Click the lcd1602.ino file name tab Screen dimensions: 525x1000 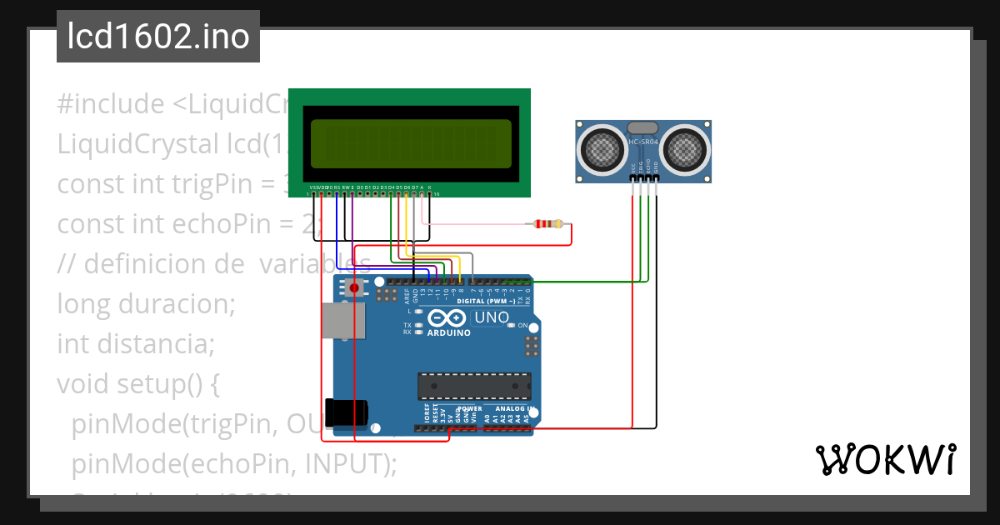(158, 37)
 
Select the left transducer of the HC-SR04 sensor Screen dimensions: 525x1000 (602, 149)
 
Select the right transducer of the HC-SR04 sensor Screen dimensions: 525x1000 (687, 149)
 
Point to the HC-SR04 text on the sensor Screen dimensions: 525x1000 (643, 142)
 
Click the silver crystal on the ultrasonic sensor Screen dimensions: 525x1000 (643, 127)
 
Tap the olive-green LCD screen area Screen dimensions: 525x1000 (411, 143)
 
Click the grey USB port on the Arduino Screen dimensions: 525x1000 (344, 321)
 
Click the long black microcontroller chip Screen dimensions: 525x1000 (474, 386)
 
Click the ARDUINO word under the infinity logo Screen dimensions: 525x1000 (448, 332)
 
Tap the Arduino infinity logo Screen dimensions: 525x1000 (448, 318)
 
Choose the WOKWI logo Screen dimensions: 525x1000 (886, 459)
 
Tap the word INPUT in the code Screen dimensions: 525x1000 (344, 464)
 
